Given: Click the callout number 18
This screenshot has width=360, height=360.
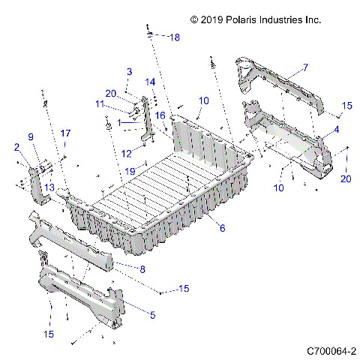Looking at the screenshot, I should pos(174,37).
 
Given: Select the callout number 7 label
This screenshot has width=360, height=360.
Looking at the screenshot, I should pos(305,68).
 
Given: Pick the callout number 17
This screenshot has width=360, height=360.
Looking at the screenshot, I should pos(65,133).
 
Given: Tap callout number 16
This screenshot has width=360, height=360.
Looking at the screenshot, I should pos(160,115).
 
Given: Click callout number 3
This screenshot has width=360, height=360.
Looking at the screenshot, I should pos(129,71).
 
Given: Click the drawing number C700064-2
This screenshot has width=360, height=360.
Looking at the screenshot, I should pos(331,350).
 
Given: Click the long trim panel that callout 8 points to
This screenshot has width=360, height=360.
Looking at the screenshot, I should pos(75,240).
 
